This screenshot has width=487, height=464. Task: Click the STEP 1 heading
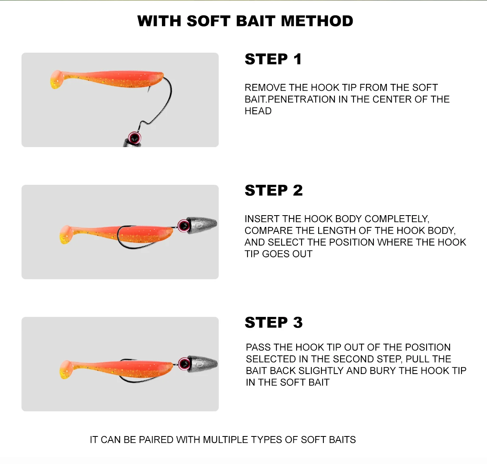273,59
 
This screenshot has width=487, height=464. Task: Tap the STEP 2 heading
274,190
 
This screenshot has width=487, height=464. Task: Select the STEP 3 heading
274,323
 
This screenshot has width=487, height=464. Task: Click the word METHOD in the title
317,21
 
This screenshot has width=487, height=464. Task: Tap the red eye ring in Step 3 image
184,364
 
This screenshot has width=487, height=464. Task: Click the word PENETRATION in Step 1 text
302,99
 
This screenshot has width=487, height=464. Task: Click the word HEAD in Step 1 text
258,111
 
